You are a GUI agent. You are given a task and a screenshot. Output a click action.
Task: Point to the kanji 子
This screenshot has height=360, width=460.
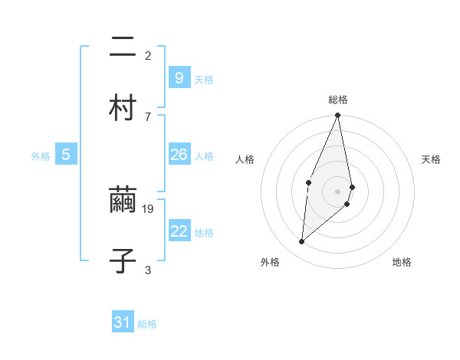click(x=123, y=260)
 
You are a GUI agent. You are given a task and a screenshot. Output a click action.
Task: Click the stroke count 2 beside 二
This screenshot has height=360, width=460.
click(x=148, y=55)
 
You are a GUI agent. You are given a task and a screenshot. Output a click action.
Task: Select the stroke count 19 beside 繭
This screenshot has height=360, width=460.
click(x=149, y=208)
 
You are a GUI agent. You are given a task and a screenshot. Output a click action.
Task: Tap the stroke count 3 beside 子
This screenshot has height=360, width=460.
click(x=148, y=270)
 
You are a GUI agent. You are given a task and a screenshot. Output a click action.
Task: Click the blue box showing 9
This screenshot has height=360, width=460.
click(x=179, y=77)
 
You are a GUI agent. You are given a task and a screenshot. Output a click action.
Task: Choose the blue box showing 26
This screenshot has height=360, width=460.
click(x=179, y=155)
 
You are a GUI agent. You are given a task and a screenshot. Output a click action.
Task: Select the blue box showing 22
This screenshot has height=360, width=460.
click(x=179, y=231)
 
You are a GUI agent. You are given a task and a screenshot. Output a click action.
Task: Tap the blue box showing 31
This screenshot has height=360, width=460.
click(x=123, y=322)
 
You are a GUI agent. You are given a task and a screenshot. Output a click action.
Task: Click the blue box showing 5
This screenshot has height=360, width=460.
click(x=66, y=155)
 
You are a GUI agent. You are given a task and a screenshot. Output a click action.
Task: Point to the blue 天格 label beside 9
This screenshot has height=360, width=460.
click(x=204, y=79)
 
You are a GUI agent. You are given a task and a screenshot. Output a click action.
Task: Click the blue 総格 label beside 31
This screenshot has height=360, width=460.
click(x=147, y=324)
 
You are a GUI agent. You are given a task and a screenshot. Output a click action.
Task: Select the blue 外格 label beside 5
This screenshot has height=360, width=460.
click(x=41, y=156)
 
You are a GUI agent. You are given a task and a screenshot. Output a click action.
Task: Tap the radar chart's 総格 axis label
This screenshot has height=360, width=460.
click(x=338, y=100)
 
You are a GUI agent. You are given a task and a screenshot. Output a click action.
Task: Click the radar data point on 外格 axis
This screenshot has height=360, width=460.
click(x=302, y=242)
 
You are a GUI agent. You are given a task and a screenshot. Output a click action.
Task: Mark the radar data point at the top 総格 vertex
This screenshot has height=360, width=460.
click(x=338, y=116)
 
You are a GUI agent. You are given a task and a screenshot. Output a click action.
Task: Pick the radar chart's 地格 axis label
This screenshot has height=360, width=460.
click(x=402, y=262)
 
